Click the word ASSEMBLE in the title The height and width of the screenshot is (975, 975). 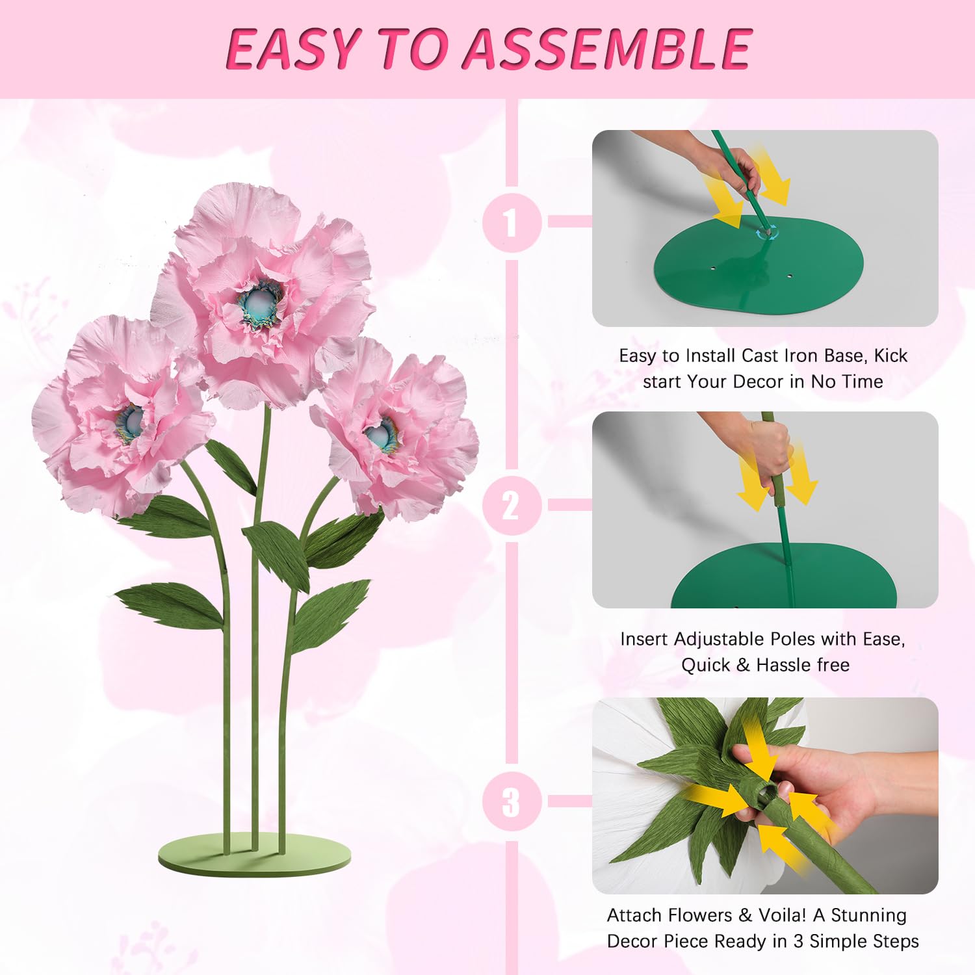608,49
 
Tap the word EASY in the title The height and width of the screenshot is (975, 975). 292,49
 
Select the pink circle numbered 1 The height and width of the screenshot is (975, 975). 512,222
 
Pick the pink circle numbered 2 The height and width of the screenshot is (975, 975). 512,506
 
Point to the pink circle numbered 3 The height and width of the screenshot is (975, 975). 512,801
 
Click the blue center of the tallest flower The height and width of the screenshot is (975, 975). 260,303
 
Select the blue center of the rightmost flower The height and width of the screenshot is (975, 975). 380,435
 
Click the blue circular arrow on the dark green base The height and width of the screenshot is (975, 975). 766,231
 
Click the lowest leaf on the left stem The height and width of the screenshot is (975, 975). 170,602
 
